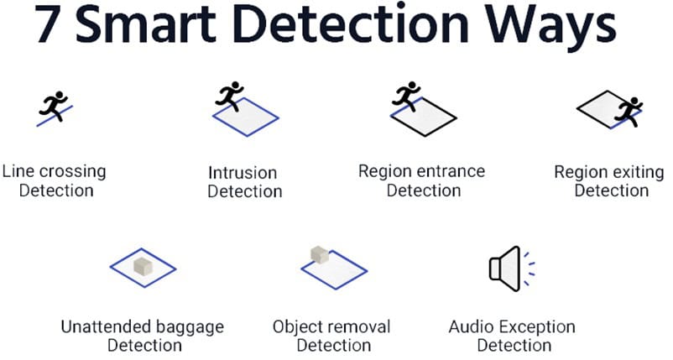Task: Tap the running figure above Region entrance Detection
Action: pos(407,96)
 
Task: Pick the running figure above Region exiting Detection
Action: pos(626,110)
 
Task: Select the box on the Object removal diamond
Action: pos(319,254)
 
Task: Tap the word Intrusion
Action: pos(243,173)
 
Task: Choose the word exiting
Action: pos(638,173)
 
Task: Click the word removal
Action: pos(363,326)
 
